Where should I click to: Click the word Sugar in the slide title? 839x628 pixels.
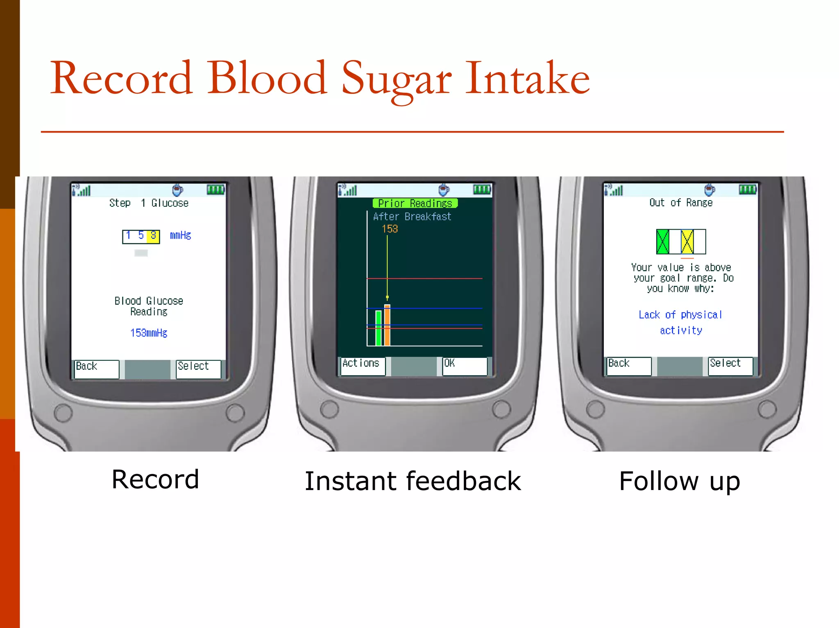(396, 79)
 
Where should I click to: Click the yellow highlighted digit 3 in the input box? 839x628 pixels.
(153, 236)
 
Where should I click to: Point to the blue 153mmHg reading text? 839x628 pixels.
(149, 333)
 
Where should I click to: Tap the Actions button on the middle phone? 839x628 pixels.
(363, 366)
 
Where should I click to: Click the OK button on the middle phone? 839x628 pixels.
(465, 366)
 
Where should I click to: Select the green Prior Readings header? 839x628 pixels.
(415, 203)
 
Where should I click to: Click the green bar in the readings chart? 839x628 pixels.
(379, 328)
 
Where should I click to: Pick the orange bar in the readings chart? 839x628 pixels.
(387, 325)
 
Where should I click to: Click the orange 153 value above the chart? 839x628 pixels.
(390, 229)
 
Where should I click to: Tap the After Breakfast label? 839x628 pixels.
(412, 217)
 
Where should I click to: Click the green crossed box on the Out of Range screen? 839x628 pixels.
(662, 242)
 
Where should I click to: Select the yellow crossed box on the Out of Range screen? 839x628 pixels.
(687, 242)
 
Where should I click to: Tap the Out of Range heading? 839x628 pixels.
(680, 203)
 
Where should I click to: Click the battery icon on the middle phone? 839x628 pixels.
(482, 189)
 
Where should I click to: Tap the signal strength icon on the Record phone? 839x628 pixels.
(82, 190)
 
